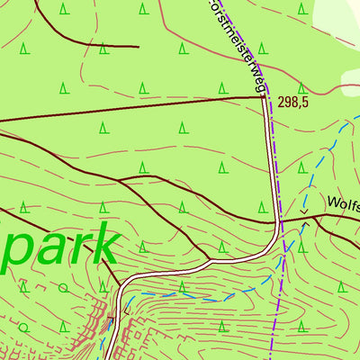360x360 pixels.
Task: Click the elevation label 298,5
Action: point(293,103)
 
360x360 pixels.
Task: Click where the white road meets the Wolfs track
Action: point(276,220)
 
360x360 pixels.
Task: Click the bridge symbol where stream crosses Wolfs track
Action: point(304,214)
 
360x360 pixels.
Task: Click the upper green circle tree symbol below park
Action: point(63,289)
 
